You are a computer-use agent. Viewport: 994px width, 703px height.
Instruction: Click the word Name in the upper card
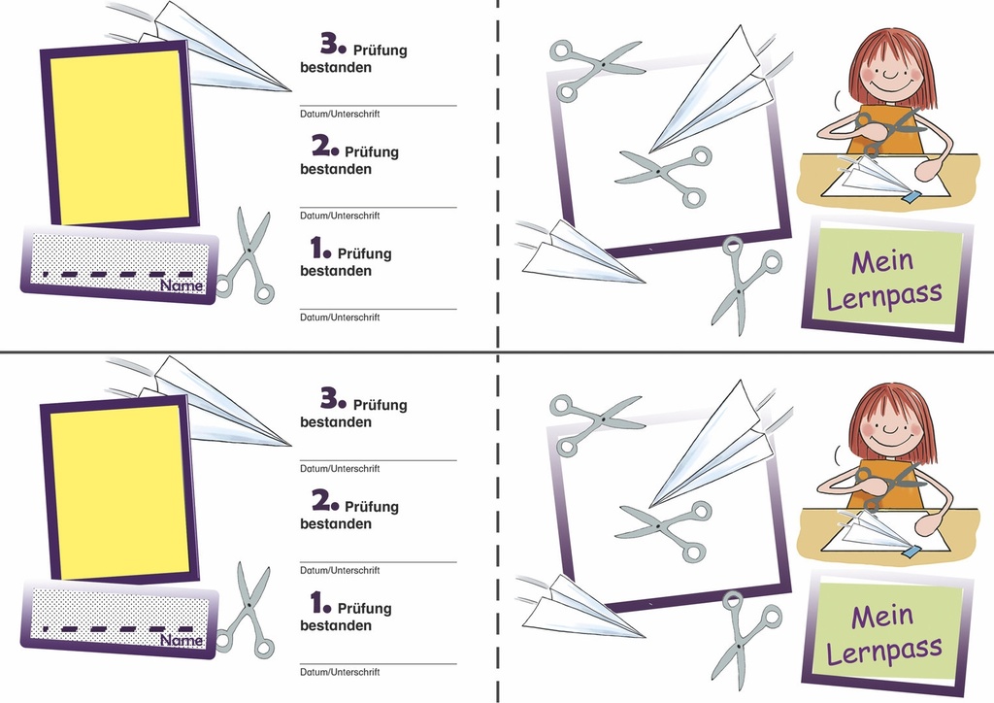click(182, 285)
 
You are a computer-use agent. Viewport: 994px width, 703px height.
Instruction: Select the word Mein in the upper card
click(881, 260)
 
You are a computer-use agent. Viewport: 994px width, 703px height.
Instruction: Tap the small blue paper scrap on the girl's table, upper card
click(912, 198)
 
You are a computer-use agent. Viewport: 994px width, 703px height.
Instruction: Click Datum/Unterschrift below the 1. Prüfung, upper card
click(340, 317)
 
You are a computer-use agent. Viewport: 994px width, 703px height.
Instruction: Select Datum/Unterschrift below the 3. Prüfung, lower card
click(340, 468)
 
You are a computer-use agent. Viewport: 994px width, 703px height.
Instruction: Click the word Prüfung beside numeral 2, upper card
click(372, 152)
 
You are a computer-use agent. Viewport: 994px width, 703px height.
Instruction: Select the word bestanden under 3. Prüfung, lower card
click(336, 422)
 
